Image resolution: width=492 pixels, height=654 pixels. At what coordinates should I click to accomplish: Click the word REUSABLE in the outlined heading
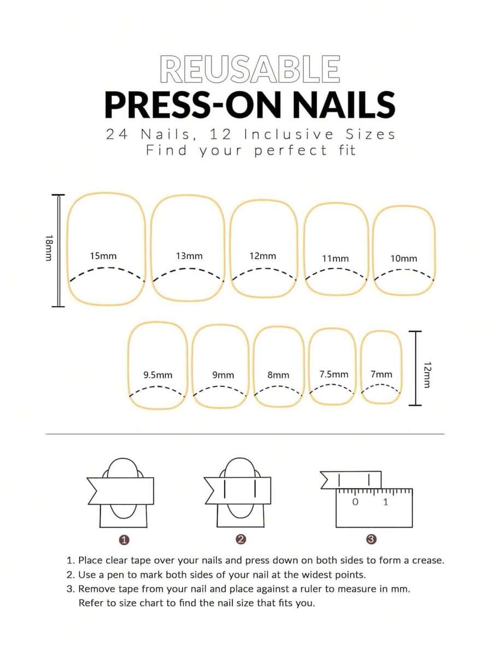click(250, 69)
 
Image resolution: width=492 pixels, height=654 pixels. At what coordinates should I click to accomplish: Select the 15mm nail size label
click(103, 255)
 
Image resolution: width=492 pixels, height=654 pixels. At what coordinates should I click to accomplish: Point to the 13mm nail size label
click(189, 255)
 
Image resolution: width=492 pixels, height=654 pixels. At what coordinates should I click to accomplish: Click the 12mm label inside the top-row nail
click(263, 255)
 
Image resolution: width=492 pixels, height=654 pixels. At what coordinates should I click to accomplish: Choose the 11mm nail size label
click(335, 259)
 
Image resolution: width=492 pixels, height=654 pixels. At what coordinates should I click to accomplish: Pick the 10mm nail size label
click(404, 259)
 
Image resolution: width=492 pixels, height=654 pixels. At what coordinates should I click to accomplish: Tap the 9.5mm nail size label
click(158, 375)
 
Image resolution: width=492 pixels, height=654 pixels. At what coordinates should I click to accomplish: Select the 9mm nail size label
click(223, 375)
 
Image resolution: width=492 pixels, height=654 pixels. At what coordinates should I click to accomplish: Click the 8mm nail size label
click(278, 375)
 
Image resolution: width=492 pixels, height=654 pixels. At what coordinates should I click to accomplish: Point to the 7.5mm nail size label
click(333, 374)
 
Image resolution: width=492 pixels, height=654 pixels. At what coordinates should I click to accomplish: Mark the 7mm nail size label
click(382, 374)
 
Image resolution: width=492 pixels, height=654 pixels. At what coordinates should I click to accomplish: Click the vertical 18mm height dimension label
click(49, 248)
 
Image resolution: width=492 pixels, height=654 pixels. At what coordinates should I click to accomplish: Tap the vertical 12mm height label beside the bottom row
click(427, 374)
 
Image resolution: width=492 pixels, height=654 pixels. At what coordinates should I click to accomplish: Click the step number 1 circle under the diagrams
click(124, 540)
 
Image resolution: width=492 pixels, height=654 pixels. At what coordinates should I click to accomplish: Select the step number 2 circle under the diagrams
click(241, 539)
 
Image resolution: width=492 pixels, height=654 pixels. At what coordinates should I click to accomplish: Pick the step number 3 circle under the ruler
click(371, 539)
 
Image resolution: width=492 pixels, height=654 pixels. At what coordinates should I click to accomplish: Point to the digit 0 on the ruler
click(355, 502)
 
